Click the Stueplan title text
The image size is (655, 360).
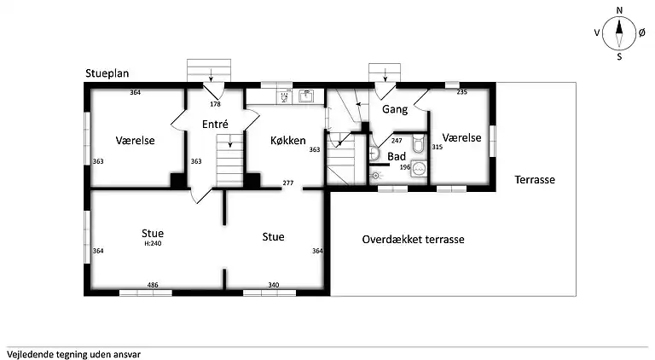(x=107, y=73)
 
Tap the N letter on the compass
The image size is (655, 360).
(x=619, y=10)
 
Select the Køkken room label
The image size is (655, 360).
(x=287, y=140)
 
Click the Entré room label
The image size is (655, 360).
(x=215, y=124)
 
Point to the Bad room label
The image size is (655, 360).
(x=397, y=157)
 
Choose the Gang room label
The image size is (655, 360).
(x=395, y=109)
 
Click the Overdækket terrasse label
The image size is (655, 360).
(x=413, y=240)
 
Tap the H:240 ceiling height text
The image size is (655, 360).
(x=153, y=243)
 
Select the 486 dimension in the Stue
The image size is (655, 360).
(x=153, y=285)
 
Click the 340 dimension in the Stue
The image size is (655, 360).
(x=274, y=285)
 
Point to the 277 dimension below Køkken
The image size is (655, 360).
(x=288, y=183)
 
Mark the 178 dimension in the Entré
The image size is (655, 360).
(x=215, y=104)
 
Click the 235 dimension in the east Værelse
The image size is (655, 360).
(x=461, y=92)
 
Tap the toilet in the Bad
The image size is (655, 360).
(x=418, y=143)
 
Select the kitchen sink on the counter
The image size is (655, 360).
(x=306, y=96)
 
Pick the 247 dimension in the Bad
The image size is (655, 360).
(x=397, y=141)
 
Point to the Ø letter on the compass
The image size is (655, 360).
(x=642, y=32)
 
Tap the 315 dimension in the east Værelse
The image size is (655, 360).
(x=437, y=147)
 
